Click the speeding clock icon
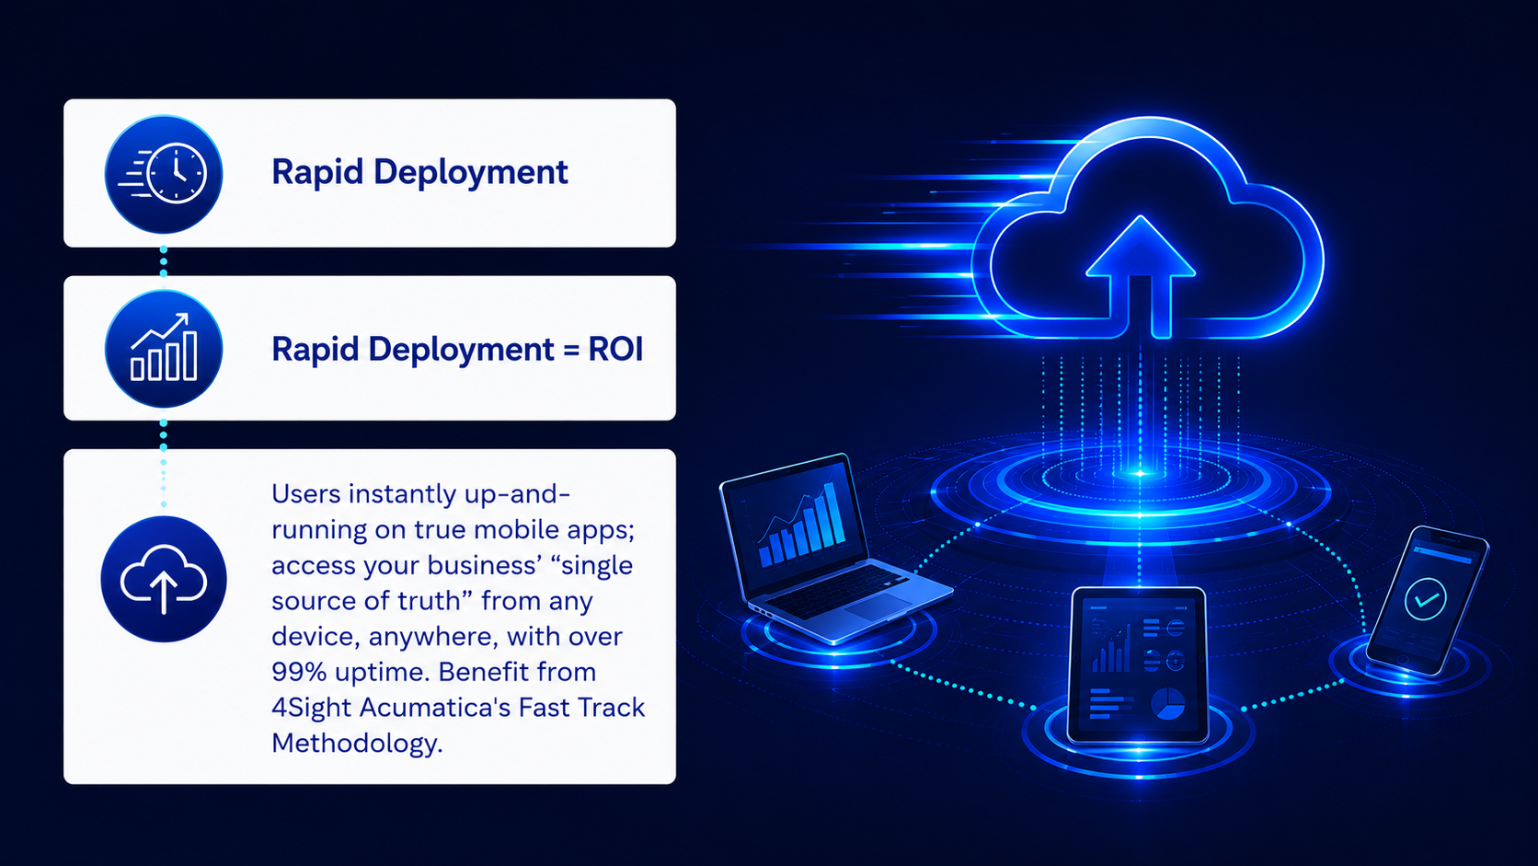164,175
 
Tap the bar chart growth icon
164,349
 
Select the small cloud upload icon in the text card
164,579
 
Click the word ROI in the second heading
615,349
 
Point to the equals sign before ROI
570,350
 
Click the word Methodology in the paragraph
357,744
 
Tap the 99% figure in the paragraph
299,672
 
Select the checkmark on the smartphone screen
1426,599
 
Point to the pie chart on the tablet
1167,705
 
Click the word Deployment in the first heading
471,172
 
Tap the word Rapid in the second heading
316,350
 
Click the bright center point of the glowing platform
1140,473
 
